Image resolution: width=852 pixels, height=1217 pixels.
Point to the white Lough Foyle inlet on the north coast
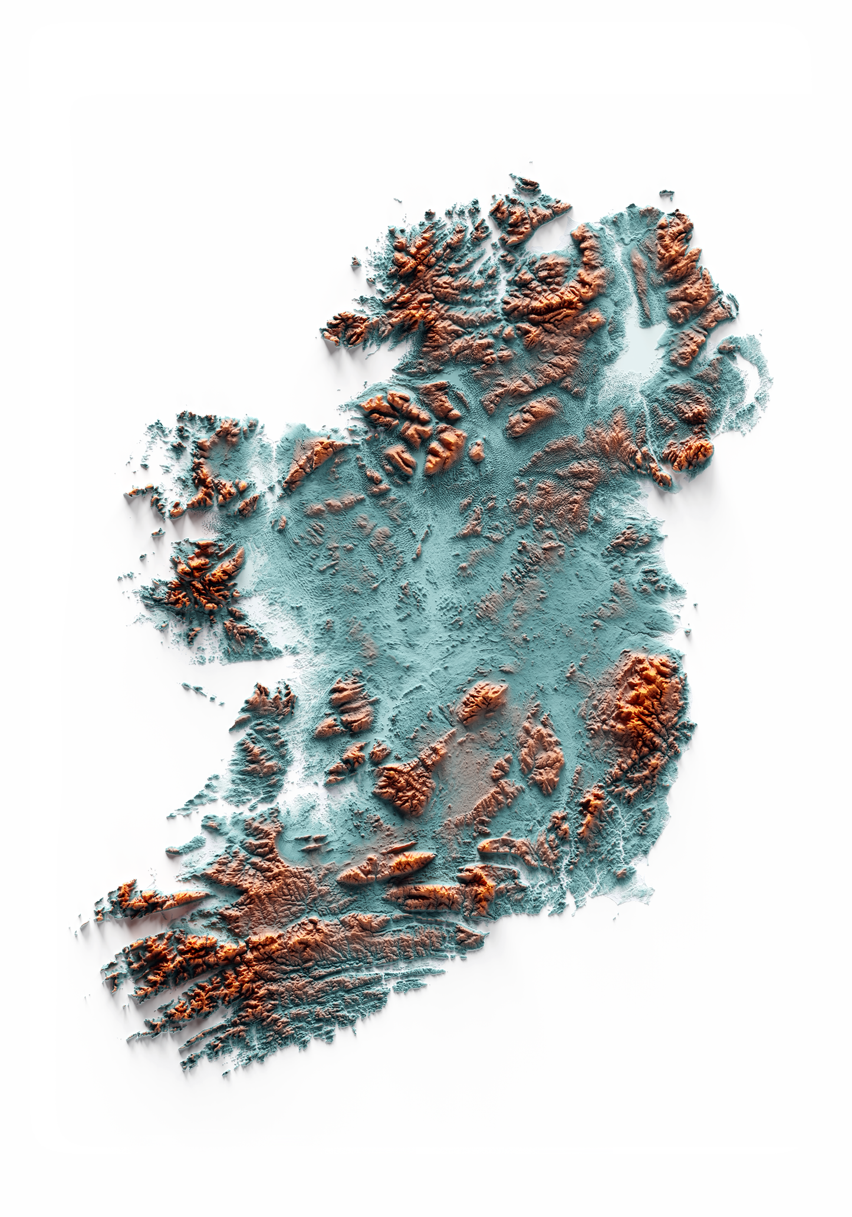point(551,236)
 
